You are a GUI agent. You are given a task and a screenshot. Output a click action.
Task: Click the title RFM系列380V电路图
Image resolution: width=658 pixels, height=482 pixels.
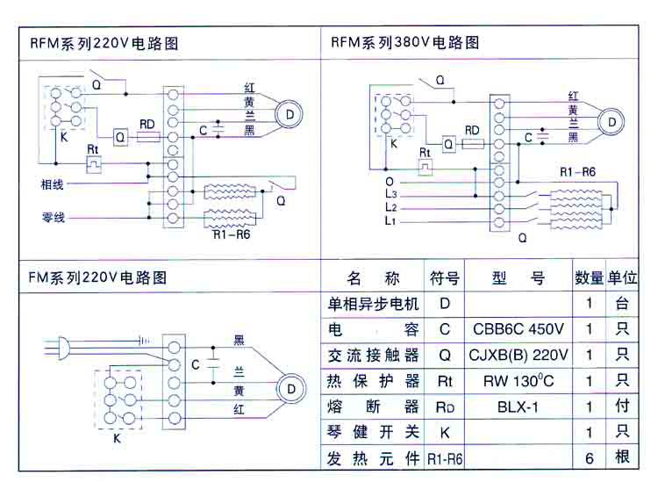[404, 42]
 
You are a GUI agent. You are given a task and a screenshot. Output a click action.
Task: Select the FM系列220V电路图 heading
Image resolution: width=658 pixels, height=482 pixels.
[97, 278]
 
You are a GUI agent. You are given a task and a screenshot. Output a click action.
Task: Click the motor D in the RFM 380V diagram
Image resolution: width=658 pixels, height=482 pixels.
[612, 122]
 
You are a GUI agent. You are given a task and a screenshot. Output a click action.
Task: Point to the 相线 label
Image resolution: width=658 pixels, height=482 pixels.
[52, 184]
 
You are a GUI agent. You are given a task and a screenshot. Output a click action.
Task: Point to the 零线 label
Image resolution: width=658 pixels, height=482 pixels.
[53, 217]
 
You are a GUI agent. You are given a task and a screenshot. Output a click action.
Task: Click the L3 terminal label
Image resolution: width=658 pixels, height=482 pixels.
[390, 193]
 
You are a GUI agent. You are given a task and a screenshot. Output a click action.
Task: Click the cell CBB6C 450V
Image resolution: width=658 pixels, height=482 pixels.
[518, 329]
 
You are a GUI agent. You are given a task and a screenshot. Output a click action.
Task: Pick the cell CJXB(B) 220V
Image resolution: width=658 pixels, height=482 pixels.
[518, 356]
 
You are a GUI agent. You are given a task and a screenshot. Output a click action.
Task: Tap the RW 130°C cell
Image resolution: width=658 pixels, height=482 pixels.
[518, 381]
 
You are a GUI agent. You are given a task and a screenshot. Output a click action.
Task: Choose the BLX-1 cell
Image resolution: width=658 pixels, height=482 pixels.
[518, 406]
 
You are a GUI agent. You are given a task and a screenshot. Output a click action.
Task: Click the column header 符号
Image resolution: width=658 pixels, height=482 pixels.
[444, 278]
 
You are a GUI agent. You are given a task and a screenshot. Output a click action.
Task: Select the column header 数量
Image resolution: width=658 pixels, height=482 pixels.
[589, 278]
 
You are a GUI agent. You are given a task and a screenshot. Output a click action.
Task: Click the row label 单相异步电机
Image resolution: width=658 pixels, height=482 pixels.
[373, 304]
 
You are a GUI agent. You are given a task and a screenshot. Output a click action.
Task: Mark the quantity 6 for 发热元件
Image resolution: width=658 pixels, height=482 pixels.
[589, 457]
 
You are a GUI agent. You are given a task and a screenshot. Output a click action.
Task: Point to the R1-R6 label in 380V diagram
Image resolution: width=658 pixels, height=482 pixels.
[577, 171]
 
